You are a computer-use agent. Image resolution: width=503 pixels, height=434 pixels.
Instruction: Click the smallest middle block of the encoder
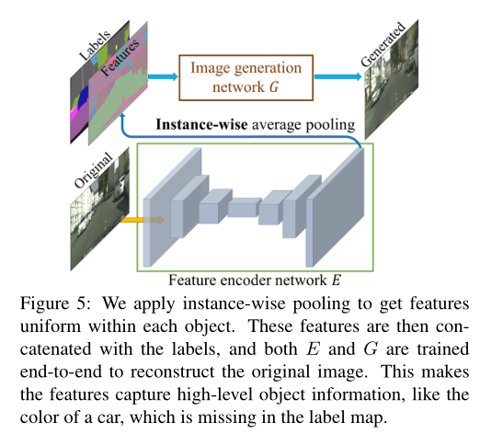point(245,207)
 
